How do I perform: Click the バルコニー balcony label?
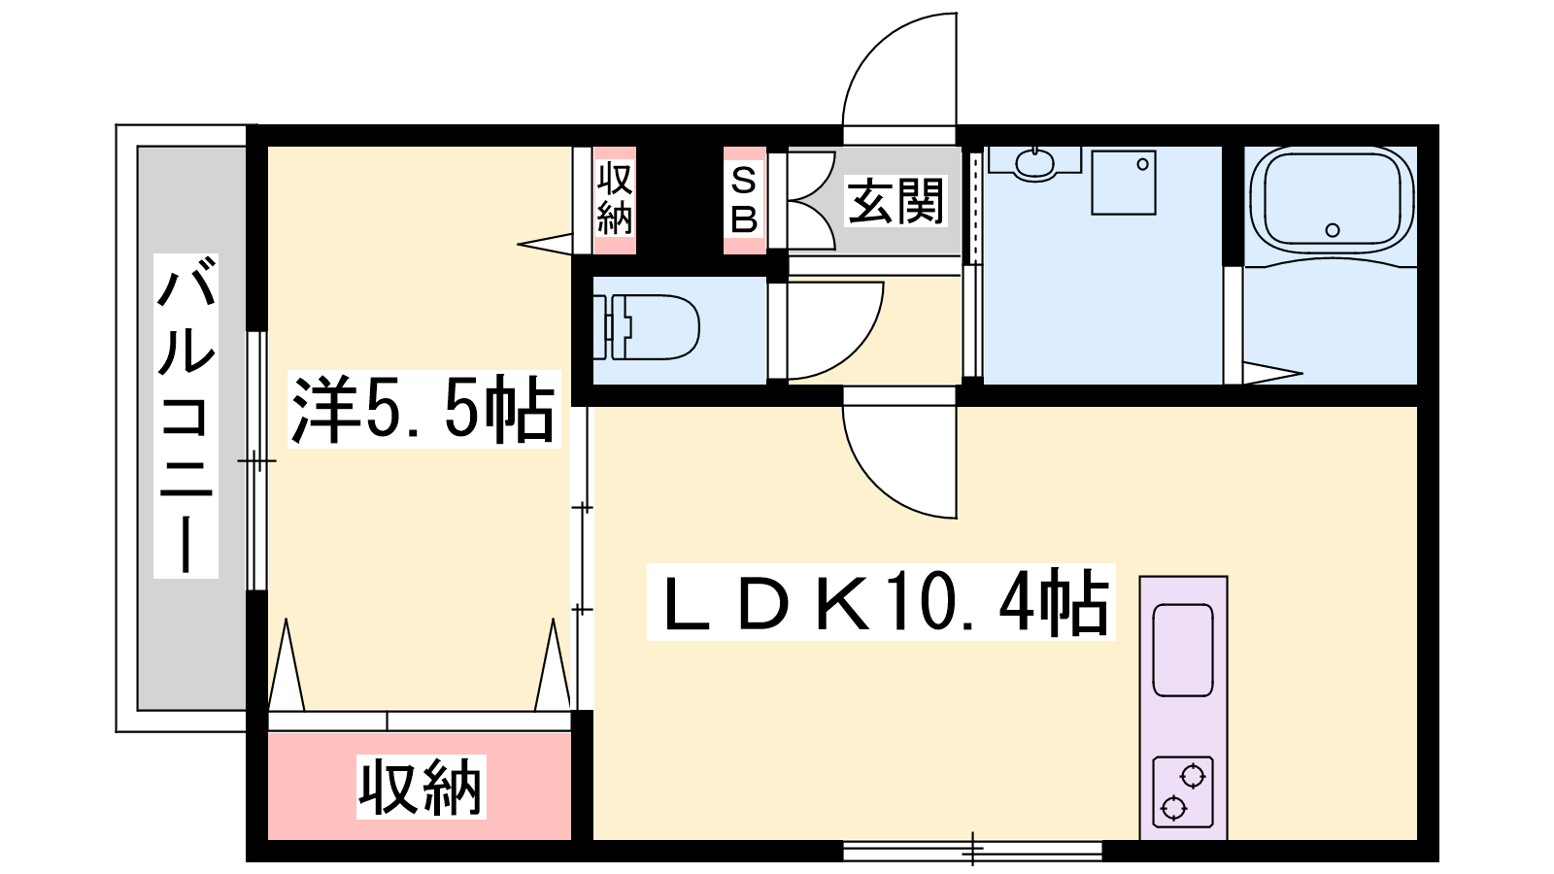186,417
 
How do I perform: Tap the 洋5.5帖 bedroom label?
423,409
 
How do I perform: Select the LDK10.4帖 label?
881,602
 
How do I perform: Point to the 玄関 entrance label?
895,200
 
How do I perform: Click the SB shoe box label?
744,200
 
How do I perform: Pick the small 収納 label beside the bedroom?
615,199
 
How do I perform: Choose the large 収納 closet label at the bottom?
422,788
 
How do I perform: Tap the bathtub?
1332,201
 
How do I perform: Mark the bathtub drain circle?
1332,230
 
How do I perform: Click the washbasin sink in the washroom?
1034,164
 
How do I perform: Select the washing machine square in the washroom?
1123,183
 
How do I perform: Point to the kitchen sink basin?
1183,650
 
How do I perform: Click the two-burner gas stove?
1183,792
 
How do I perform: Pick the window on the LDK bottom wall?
972,851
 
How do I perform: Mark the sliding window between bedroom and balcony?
256,460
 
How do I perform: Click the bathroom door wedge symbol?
1271,373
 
